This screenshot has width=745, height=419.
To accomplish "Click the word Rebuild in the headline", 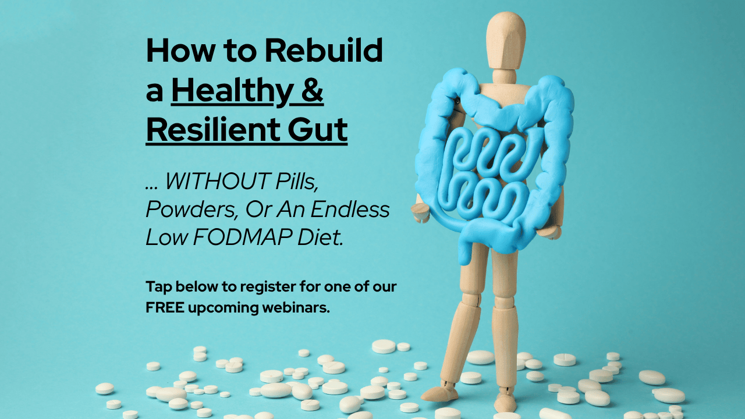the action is [x=323, y=50].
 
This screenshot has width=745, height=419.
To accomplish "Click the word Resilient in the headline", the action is [x=213, y=129].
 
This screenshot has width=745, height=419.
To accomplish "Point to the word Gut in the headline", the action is [x=318, y=129].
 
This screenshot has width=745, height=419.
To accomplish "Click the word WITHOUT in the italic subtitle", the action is [x=218, y=181].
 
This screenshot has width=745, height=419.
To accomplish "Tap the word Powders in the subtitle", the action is [x=192, y=210].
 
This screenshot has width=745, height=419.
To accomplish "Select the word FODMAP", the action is [x=243, y=237].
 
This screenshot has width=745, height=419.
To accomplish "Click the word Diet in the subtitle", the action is [x=320, y=237].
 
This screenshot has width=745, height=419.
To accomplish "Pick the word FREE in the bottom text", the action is [x=165, y=308].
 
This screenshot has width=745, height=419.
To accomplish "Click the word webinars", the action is [x=296, y=308].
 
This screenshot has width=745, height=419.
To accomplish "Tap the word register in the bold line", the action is [x=268, y=287].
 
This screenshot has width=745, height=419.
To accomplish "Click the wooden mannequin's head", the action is [x=506, y=40].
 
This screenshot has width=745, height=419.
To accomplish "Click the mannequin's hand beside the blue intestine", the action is [x=420, y=212].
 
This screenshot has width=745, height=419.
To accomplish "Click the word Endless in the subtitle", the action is [x=350, y=210].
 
